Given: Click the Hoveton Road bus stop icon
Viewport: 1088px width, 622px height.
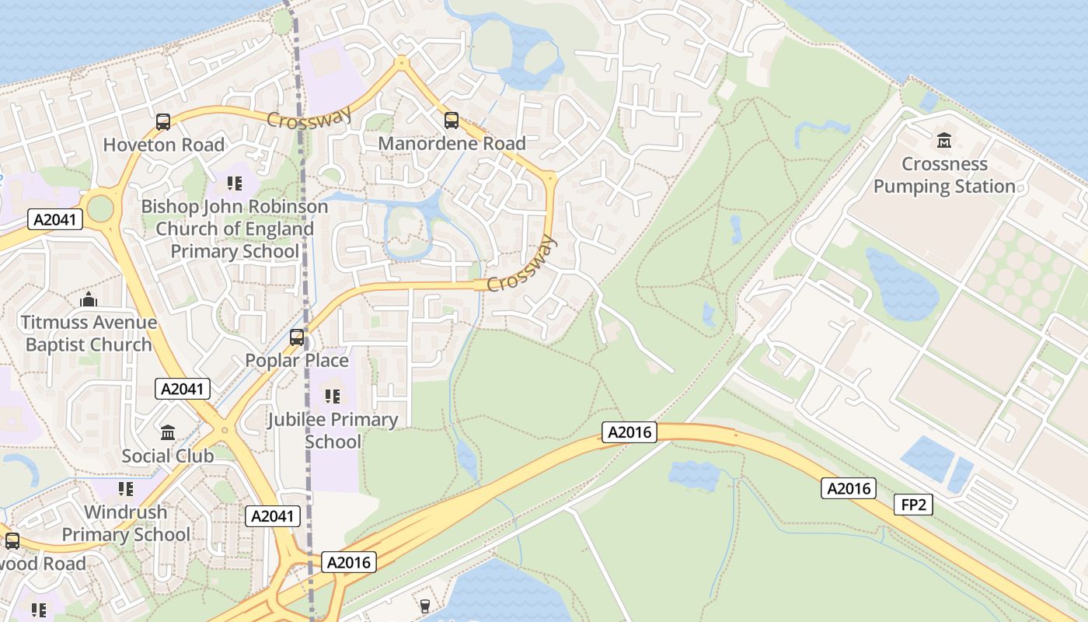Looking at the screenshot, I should click(x=163, y=122).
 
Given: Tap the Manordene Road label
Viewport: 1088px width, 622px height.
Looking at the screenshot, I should click(x=452, y=144).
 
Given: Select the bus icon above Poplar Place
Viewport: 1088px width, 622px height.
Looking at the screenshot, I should click(x=297, y=337).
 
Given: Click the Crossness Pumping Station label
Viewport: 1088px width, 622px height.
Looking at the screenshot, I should click(x=944, y=175).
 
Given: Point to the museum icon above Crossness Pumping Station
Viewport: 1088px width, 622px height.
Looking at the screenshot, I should click(x=944, y=141).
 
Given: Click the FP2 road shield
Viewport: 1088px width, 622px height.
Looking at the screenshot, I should click(x=913, y=505).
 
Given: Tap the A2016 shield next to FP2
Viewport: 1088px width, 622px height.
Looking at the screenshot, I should click(x=849, y=488).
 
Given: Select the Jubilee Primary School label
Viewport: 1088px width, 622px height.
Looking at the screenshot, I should click(x=333, y=431).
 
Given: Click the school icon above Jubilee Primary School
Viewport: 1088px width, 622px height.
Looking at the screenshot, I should click(x=333, y=397).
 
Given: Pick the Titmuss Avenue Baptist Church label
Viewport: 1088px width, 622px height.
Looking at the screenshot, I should click(x=89, y=333).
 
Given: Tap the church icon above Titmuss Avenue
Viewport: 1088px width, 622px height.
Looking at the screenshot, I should click(x=89, y=299).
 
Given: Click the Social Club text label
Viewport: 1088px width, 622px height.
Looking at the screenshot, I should click(x=167, y=456).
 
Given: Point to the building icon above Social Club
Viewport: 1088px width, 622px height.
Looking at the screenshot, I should click(x=168, y=432).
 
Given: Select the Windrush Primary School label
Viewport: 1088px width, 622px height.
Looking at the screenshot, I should click(x=125, y=523).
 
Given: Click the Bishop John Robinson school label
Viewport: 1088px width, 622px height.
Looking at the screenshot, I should click(x=234, y=229).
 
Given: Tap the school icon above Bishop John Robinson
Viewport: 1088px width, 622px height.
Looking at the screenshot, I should click(x=235, y=183).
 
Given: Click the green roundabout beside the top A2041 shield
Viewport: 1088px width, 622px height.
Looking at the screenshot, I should click(x=100, y=208).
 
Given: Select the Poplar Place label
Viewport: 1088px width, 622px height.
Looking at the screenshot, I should click(x=297, y=361).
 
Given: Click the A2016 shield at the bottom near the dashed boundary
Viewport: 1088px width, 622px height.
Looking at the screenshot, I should click(x=349, y=562).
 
